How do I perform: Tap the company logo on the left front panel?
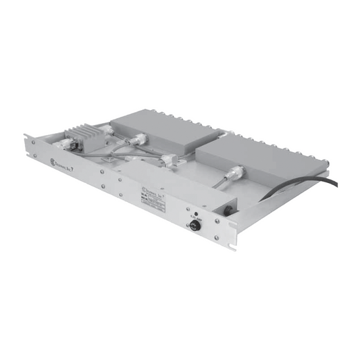tap(56, 161)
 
